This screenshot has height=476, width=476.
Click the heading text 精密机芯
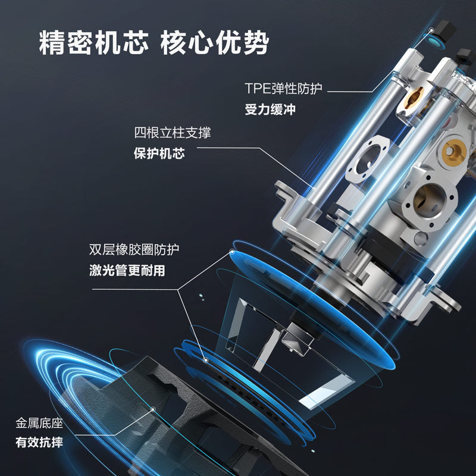click(x=94, y=42)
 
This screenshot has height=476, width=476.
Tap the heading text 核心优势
click(x=215, y=42)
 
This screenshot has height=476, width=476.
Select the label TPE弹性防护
click(x=283, y=88)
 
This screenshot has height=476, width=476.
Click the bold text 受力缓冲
click(x=270, y=109)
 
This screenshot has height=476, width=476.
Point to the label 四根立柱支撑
click(x=173, y=133)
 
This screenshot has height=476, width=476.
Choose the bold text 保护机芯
click(x=159, y=154)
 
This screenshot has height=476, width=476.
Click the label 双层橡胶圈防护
click(x=134, y=249)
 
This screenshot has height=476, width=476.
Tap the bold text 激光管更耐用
click(x=127, y=270)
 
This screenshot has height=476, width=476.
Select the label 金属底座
click(x=39, y=423)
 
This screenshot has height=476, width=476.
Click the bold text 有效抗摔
click(x=39, y=442)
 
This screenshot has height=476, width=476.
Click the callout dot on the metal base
click(x=153, y=409)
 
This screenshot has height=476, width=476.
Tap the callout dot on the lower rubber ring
click(x=206, y=361)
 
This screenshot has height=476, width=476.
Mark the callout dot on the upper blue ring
click(x=232, y=252)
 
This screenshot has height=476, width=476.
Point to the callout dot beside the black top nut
click(x=431, y=30)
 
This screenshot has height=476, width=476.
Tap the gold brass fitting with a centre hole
click(x=453, y=151)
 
